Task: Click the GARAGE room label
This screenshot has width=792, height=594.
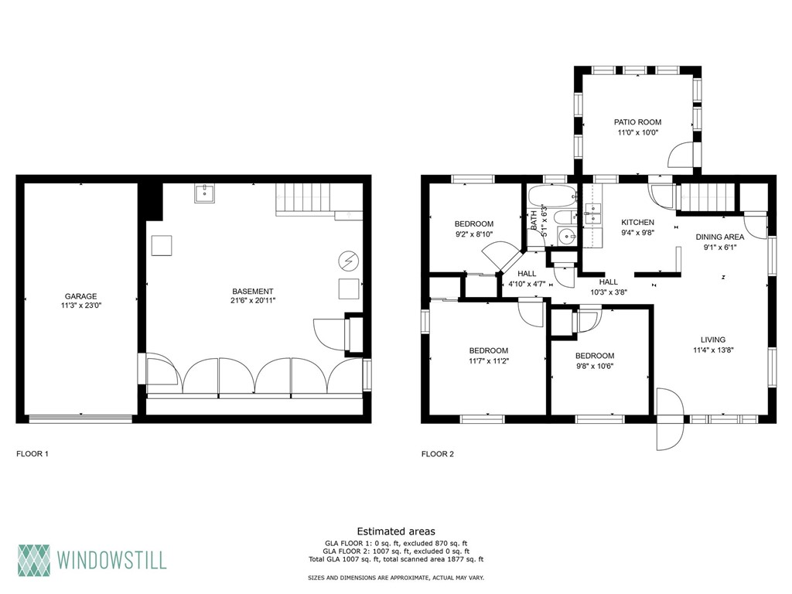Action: click(80, 296)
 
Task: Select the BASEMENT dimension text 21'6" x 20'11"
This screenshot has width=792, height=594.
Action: click(252, 300)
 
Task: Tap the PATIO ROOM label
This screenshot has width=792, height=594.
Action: click(637, 122)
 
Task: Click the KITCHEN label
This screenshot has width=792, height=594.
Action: click(637, 222)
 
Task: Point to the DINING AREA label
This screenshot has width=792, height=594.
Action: click(720, 237)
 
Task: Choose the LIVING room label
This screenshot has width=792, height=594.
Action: click(712, 340)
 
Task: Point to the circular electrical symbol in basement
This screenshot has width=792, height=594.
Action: click(349, 261)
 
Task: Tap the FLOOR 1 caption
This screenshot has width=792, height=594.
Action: click(32, 454)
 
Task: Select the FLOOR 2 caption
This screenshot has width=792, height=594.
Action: click(437, 454)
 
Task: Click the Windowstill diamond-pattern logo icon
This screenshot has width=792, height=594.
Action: click(34, 558)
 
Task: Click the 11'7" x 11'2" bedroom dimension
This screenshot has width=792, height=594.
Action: click(488, 360)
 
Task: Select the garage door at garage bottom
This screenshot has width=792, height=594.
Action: click(80, 419)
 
